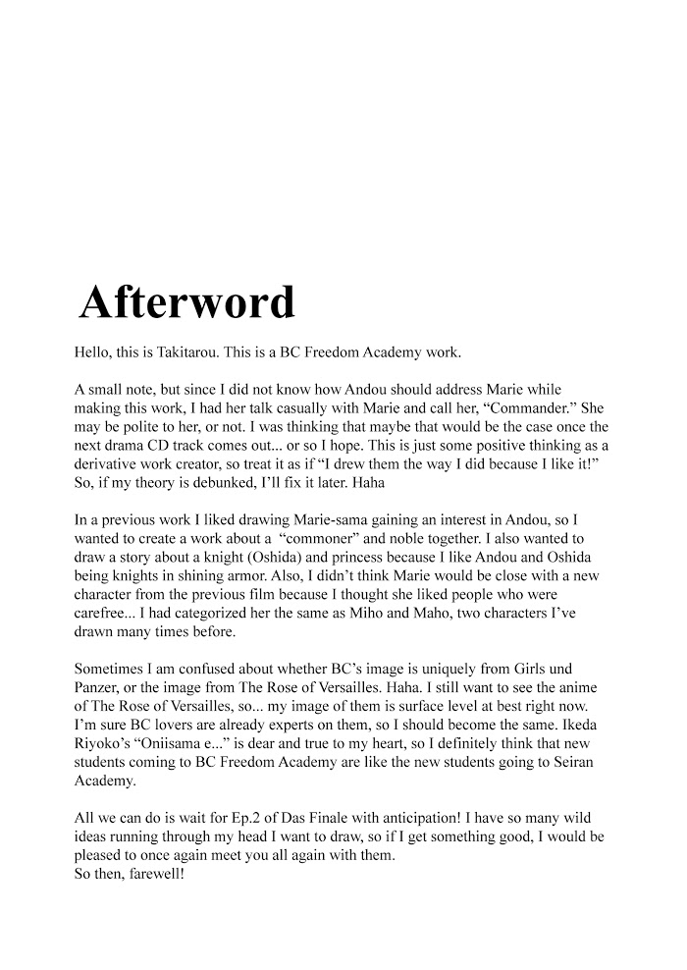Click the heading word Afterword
186,302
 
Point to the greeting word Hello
94,351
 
